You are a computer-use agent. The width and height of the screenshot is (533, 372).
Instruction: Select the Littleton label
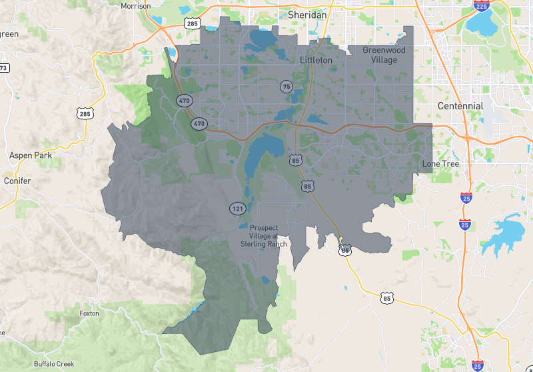pyautogui.click(x=316, y=60)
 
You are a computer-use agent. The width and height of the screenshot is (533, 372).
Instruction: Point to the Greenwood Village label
pyautogui.click(x=384, y=55)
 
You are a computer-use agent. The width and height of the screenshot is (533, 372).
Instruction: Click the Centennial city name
pyautogui.click(x=460, y=106)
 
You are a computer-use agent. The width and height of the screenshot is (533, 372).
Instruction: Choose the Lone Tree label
pyautogui.click(x=440, y=163)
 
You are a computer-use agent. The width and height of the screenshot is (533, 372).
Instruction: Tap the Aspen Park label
pyautogui.click(x=25, y=155)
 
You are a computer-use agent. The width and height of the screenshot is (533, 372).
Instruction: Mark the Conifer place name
pyautogui.click(x=17, y=181)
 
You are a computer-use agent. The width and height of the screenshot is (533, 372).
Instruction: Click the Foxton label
pyautogui.click(x=89, y=313)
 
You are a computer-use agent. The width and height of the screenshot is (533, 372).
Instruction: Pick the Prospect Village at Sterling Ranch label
pyautogui.click(x=263, y=235)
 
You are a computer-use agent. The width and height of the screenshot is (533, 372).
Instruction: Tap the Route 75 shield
pyautogui.click(x=286, y=86)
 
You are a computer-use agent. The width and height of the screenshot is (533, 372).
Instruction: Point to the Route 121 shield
pyautogui.click(x=237, y=208)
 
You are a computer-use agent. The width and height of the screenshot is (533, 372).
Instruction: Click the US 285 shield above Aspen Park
pyautogui.click(x=85, y=114)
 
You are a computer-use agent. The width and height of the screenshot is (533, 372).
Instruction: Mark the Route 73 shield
pyautogui.click(x=3, y=67)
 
